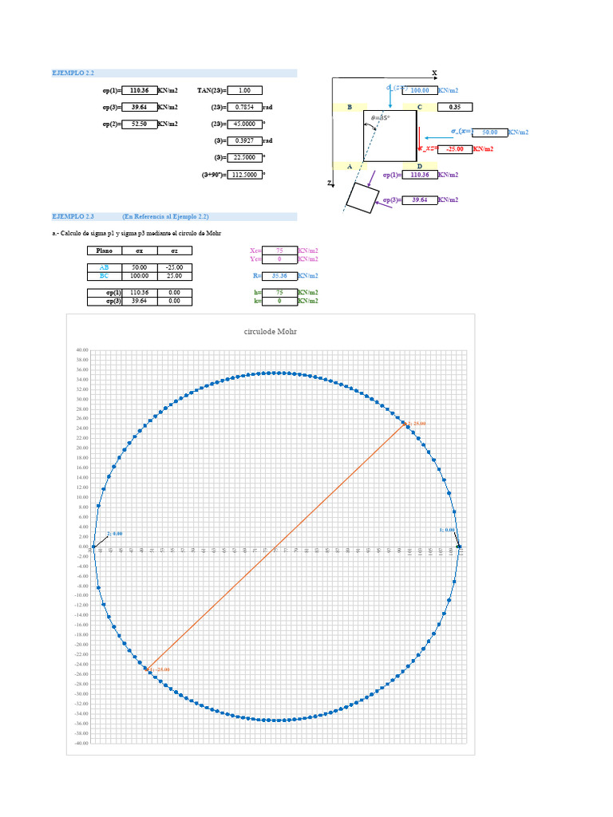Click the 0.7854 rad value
click(245, 107)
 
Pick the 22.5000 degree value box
click(245, 157)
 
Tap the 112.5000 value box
click(245, 174)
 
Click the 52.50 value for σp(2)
click(139, 124)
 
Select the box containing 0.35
click(455, 107)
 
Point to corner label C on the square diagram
click(419, 106)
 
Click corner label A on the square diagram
click(350, 166)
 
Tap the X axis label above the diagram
click(435, 73)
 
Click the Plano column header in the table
click(103, 251)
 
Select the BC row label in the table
click(103, 275)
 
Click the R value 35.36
click(279, 275)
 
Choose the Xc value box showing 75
click(279, 251)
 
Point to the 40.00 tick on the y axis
click(80, 350)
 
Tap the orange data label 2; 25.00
click(416, 423)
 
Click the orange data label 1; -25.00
click(159, 669)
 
